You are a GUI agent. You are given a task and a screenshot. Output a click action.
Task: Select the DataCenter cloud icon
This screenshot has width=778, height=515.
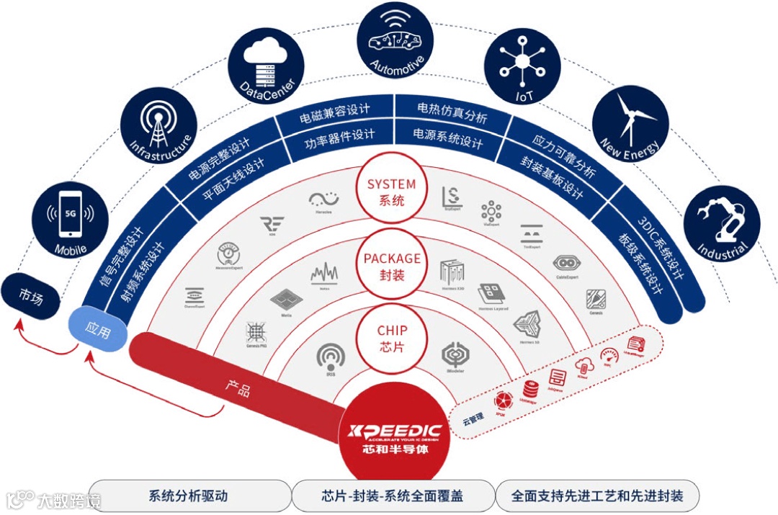click(261, 66)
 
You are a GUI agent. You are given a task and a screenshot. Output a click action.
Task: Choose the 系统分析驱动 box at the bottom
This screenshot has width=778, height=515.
click(188, 496)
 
